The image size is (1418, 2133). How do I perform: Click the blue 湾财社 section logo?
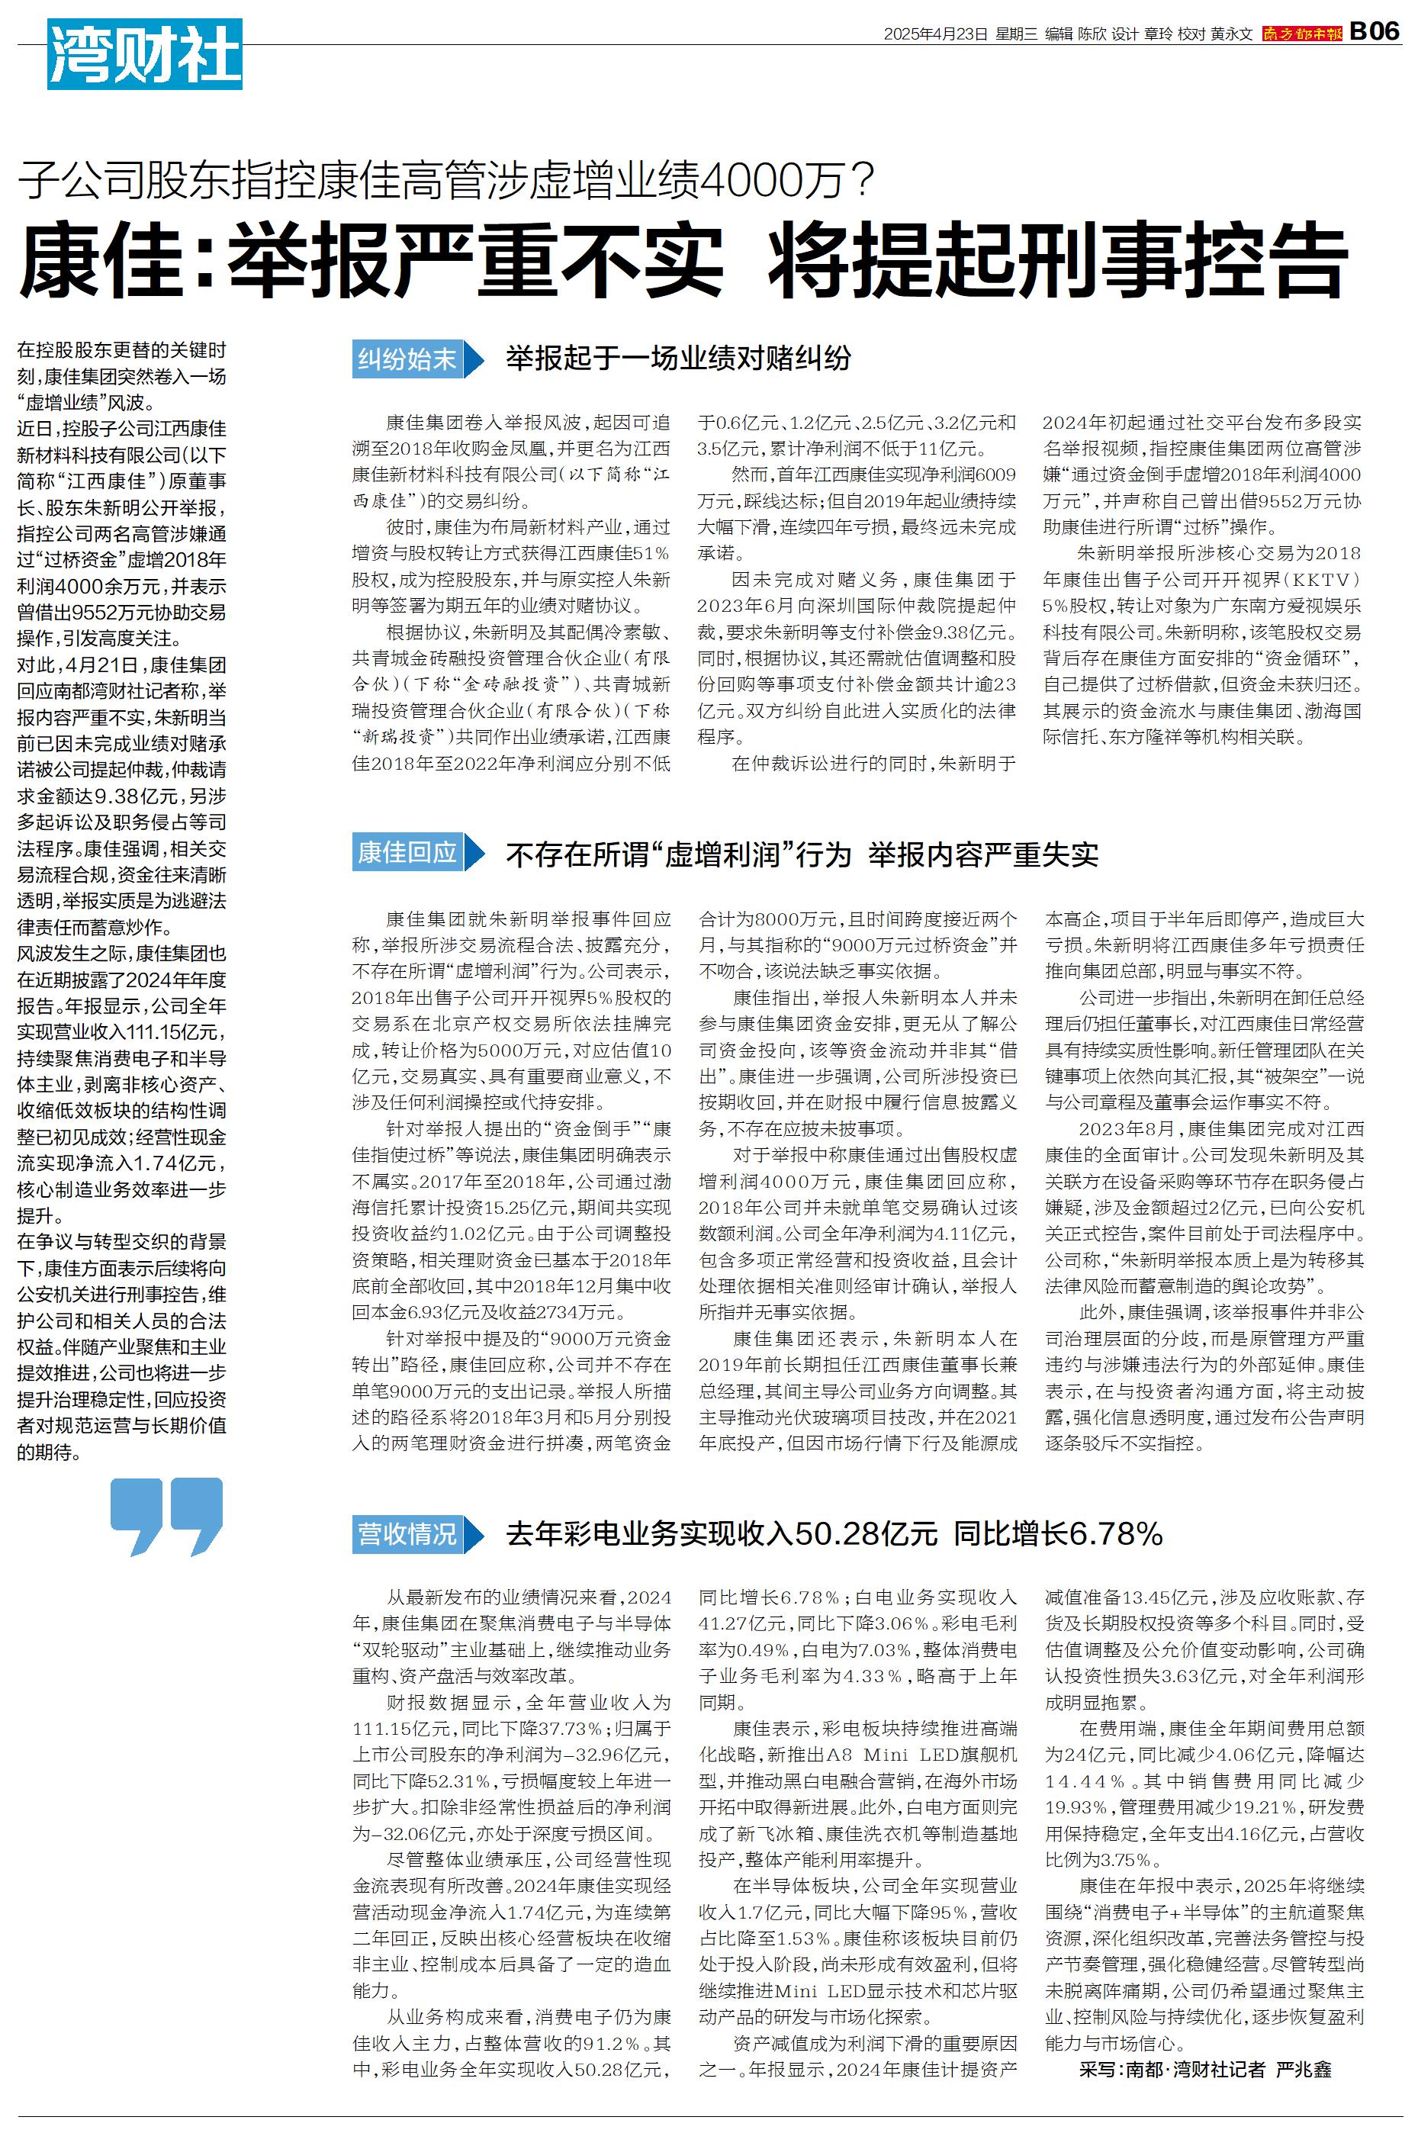(145, 54)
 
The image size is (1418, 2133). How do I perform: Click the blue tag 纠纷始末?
(408, 359)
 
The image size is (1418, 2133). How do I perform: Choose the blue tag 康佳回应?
(408, 853)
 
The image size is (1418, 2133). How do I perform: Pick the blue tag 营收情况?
(408, 1534)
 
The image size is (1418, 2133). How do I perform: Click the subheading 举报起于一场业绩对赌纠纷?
(678, 359)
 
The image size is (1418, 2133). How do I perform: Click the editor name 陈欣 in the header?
(1092, 34)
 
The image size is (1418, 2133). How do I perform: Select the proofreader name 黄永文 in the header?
(1232, 34)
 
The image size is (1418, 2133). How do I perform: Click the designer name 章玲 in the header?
(1159, 34)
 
